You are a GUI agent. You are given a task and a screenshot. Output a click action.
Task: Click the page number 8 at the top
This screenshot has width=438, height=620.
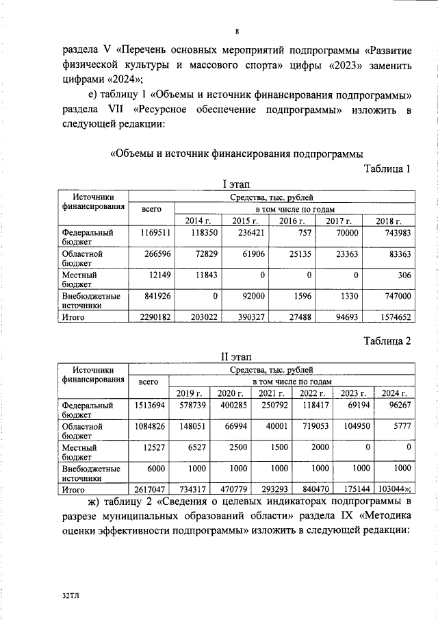(x=237, y=32)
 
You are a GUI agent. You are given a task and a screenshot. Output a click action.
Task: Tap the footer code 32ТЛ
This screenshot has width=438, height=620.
(x=71, y=597)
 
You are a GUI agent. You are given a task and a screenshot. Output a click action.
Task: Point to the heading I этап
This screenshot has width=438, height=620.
(x=237, y=184)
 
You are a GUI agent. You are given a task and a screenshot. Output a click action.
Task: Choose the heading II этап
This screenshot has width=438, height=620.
(x=237, y=357)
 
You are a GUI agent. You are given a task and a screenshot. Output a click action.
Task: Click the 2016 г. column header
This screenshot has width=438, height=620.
(x=292, y=220)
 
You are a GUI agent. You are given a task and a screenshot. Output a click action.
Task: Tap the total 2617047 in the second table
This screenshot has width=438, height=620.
(x=149, y=490)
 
